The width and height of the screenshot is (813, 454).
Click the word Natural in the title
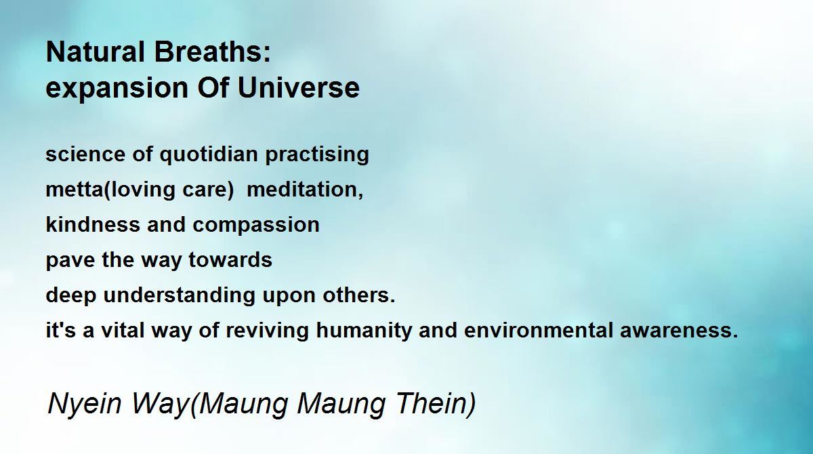(96, 52)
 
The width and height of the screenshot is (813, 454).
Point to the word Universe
(298, 87)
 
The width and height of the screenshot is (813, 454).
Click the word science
(85, 154)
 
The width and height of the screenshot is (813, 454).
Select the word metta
(75, 190)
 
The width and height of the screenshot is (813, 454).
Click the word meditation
(304, 190)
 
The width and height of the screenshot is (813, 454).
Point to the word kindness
(93, 225)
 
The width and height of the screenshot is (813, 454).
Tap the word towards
(230, 260)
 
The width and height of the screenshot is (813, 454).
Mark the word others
(358, 295)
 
